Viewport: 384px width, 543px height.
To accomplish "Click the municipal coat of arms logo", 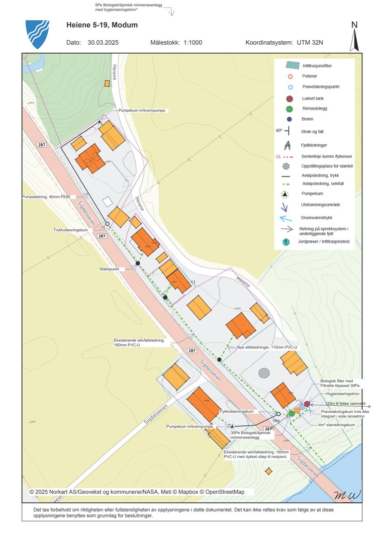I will tap(37, 34).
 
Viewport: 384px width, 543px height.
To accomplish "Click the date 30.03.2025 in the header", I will tap(103, 43).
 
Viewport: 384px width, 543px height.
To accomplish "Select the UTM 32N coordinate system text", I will tap(308, 43).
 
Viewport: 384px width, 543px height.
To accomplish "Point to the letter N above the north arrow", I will tap(354, 25).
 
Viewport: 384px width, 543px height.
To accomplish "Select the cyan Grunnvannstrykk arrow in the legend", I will tap(285, 218).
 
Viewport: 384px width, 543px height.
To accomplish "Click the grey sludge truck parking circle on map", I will tap(263, 373).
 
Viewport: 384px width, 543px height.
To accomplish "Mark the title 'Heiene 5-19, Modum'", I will tap(102, 25).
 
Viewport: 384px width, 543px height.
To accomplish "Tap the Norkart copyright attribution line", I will tap(137, 492).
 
